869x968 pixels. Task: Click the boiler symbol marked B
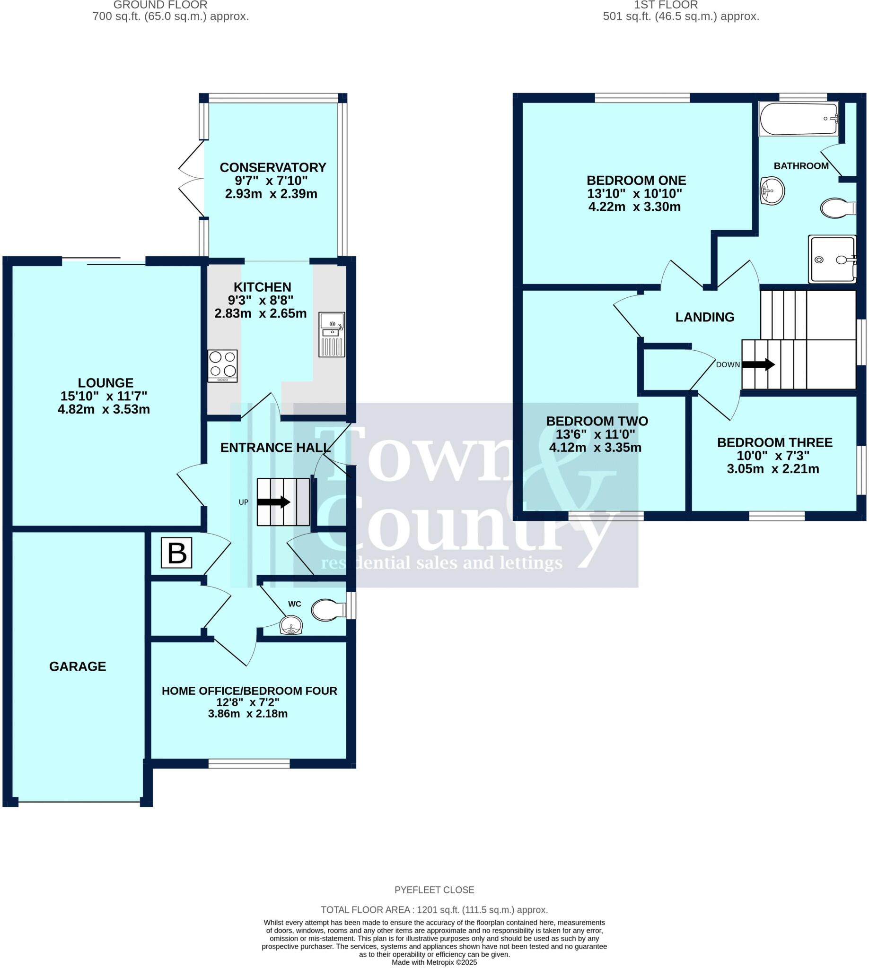coord(176,553)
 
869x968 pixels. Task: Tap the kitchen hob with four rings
coord(222,366)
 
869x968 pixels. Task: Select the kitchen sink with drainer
coord(332,335)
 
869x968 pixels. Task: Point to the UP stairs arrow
coord(273,502)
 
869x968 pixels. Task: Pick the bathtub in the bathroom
coord(799,119)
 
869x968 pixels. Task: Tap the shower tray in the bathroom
coord(832,259)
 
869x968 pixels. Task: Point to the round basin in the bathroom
coord(772,191)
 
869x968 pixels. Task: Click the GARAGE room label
coord(78,666)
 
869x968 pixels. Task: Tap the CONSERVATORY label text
coord(272,167)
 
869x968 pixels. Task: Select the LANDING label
coord(705,317)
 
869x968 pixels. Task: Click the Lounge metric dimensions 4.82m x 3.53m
coord(104,409)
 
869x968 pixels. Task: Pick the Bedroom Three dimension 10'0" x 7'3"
coord(773,456)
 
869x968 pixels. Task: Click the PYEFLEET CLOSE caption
coord(434,890)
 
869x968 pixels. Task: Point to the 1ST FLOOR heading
coord(666,5)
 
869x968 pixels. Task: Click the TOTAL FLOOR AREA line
coord(434,910)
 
